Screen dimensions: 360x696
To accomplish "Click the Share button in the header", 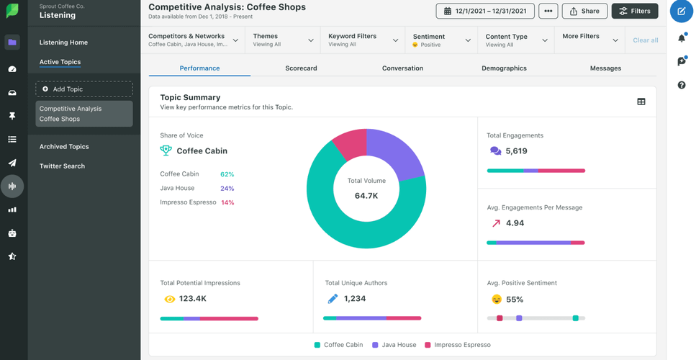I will coord(584,12).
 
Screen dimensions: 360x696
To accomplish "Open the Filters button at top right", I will coord(634,12).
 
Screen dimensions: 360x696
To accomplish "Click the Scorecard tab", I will coord(301,68).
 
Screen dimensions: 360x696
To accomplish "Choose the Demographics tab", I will coord(504,68).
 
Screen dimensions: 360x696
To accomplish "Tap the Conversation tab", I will coord(402,68).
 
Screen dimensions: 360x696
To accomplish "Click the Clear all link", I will coord(645,40).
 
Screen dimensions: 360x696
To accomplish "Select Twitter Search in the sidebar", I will coord(62,166).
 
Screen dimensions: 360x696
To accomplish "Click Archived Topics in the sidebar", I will coord(64,147).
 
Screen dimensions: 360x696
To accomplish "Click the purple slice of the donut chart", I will coord(397,152).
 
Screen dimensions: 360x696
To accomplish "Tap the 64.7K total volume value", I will coord(366,196).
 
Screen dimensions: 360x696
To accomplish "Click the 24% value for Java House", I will coord(227,189).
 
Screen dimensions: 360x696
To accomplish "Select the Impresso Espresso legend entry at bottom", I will coord(458,345).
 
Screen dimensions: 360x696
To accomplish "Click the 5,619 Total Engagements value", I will coord(516,151).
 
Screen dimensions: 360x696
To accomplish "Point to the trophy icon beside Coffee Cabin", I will coord(166,150).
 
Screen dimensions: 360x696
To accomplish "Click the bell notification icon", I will coord(681,37).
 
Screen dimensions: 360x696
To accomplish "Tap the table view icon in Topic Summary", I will coord(641,102).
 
